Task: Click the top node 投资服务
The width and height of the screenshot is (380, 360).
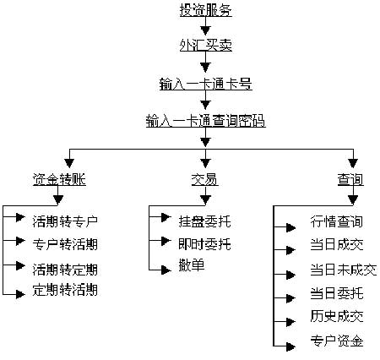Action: [205, 11]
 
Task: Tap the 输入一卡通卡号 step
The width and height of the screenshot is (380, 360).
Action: [205, 85]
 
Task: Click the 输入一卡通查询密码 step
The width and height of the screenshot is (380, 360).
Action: [205, 121]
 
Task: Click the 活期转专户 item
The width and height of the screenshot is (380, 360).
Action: [65, 222]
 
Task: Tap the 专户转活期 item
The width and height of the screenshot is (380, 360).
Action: [65, 245]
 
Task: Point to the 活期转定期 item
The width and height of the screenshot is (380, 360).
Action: [65, 270]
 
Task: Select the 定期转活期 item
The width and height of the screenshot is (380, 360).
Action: [65, 291]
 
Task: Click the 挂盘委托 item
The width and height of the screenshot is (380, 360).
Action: [204, 222]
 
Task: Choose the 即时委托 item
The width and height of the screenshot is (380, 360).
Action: [204, 245]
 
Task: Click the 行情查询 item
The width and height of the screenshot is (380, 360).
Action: [336, 222]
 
